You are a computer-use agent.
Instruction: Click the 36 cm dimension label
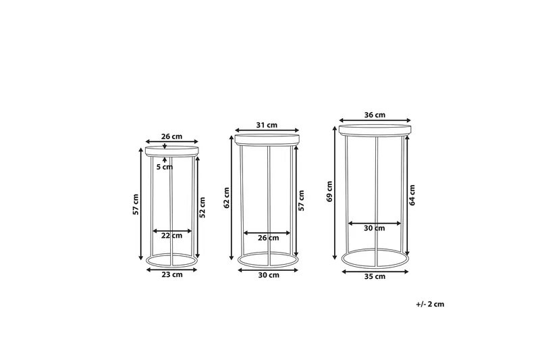375,115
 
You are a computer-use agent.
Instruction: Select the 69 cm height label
329,191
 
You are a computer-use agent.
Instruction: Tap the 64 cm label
412,195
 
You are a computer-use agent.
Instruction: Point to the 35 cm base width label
375,276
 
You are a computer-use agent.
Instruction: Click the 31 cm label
267,125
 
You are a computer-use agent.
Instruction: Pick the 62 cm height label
226,198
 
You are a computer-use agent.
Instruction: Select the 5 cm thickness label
165,167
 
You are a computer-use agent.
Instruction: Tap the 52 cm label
202,207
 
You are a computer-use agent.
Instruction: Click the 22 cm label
172,236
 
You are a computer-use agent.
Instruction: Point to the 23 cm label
172,275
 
